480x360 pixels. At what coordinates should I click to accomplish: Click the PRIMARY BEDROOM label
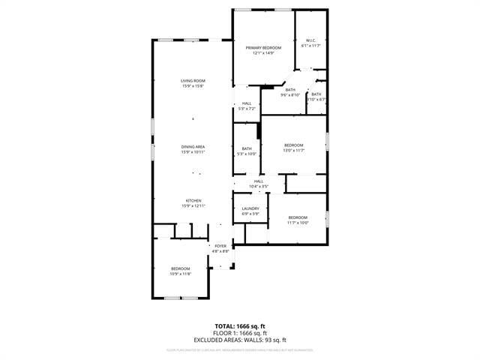tap(262, 47)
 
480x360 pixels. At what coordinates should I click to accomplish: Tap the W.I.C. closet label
tap(310, 40)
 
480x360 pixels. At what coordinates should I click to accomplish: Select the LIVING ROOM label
tap(193, 81)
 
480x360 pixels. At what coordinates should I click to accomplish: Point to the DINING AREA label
tap(193, 146)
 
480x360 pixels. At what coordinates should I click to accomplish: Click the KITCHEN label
tap(193, 200)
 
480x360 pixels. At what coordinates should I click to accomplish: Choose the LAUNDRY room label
tap(250, 208)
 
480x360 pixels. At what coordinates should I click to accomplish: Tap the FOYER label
tap(220, 246)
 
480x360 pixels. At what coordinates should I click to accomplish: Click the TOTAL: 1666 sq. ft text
tap(240, 326)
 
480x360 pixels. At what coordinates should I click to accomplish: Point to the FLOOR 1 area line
tap(240, 333)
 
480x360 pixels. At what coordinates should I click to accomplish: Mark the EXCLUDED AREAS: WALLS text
tap(240, 340)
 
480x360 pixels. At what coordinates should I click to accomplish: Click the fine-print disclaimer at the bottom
tap(240, 349)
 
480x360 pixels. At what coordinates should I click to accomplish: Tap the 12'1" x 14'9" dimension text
tap(262, 53)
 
